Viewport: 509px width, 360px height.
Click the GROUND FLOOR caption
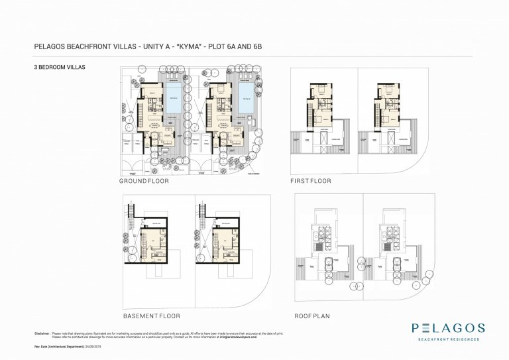click(144, 181)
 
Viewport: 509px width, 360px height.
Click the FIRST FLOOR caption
click(310, 181)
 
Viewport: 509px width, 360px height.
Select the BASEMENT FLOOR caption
click(151, 316)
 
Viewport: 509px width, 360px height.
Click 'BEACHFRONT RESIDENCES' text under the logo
click(449, 339)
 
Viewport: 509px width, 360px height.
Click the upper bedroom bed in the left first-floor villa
click(319, 90)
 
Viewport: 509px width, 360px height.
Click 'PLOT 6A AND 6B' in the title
click(240, 46)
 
